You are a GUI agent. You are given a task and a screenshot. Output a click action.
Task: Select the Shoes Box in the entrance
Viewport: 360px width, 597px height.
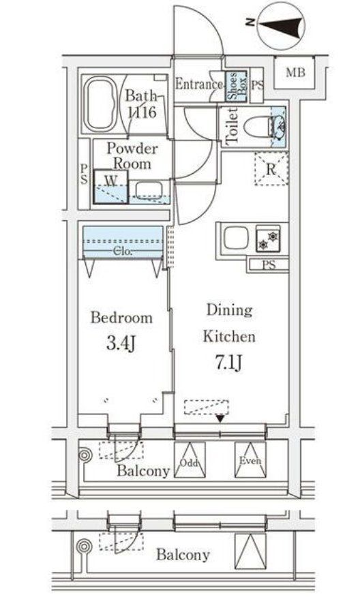[x=232, y=87]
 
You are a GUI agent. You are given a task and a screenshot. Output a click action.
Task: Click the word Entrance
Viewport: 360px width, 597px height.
[x=199, y=85]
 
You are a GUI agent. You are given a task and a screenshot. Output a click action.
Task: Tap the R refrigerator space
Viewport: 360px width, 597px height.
[x=271, y=170]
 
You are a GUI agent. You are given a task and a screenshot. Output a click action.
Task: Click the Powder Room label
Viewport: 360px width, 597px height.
[x=132, y=156]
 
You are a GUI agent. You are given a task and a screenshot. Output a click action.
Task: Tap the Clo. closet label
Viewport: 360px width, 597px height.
[x=123, y=251]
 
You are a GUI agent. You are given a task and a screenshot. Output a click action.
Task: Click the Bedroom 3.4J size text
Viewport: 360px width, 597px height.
[x=121, y=342]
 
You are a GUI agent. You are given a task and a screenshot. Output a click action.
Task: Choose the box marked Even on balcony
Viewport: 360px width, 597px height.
[x=249, y=461]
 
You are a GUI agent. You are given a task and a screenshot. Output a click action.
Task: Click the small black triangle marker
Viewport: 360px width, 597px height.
[x=220, y=418]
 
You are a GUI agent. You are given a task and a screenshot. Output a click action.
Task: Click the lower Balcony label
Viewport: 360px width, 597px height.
[x=183, y=555]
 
